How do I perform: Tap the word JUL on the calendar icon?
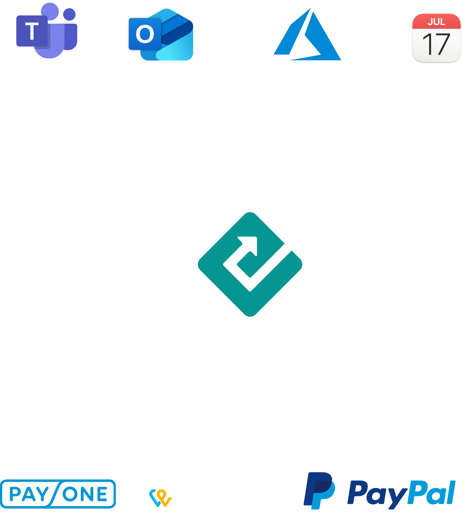pyautogui.click(x=436, y=22)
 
